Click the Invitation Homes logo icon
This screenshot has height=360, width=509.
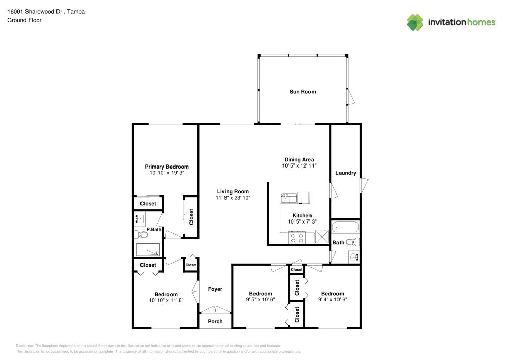click(x=415, y=22)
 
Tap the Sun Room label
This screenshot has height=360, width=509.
click(x=302, y=92)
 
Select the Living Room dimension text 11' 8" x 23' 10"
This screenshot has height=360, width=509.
click(x=232, y=198)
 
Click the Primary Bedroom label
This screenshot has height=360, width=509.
click(x=166, y=167)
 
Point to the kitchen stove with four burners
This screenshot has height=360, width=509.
click(x=297, y=237)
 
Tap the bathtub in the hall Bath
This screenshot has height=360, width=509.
click(x=346, y=227)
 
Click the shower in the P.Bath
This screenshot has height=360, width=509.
click(x=148, y=250)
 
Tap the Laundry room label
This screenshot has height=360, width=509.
click(x=346, y=173)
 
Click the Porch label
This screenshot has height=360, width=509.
click(x=215, y=321)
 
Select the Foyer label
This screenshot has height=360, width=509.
click(x=215, y=289)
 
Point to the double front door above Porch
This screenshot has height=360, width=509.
click(x=215, y=310)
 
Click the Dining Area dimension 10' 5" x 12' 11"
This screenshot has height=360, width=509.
click(x=299, y=166)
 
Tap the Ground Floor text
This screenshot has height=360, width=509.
click(x=24, y=20)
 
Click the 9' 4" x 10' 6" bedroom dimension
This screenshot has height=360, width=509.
click(x=332, y=300)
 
